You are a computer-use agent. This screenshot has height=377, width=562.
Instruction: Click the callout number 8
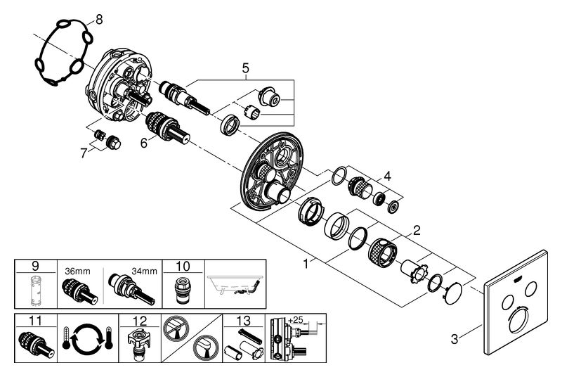[98, 19]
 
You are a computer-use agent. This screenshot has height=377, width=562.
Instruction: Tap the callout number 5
[245, 68]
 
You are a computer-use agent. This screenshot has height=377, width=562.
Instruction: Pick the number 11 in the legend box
[32, 321]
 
